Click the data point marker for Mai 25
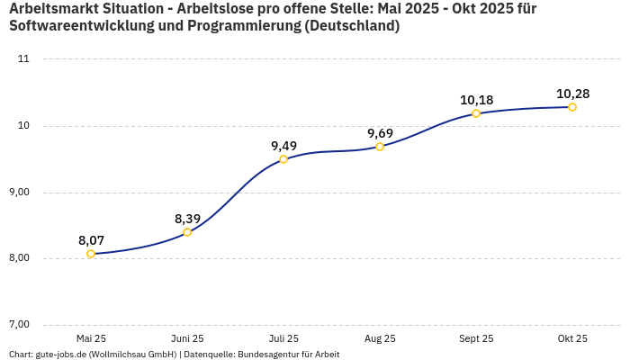(91, 254)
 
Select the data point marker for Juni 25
(187, 232)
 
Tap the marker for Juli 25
(283, 159)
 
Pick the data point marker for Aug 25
(380, 147)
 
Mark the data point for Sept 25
(476, 113)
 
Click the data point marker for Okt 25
(572, 107)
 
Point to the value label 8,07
(91, 240)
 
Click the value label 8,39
(187, 219)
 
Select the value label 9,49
(283, 146)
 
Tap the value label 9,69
(380, 133)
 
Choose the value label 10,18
(476, 100)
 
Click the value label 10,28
(572, 94)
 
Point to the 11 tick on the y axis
(23, 59)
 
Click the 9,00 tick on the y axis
(19, 193)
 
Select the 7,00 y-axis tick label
(19, 325)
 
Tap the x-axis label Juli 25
(283, 338)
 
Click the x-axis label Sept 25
(476, 338)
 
